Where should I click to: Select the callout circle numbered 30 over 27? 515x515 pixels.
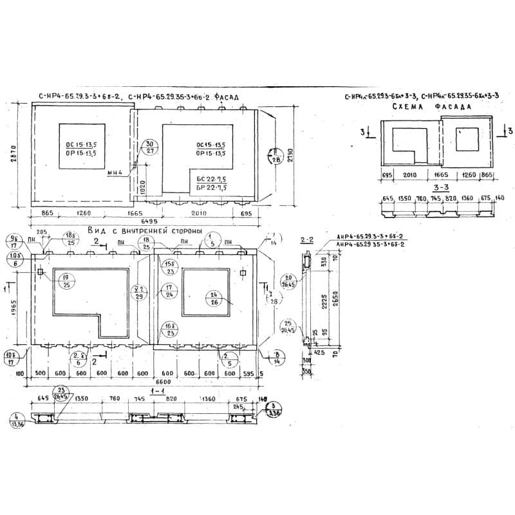coord(149,147)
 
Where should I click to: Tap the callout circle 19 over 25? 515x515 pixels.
coord(66,281)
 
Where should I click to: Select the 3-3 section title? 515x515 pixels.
coord(440,188)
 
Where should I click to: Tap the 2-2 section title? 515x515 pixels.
coord(307,239)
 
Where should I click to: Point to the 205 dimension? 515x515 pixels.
coord(42,232)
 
